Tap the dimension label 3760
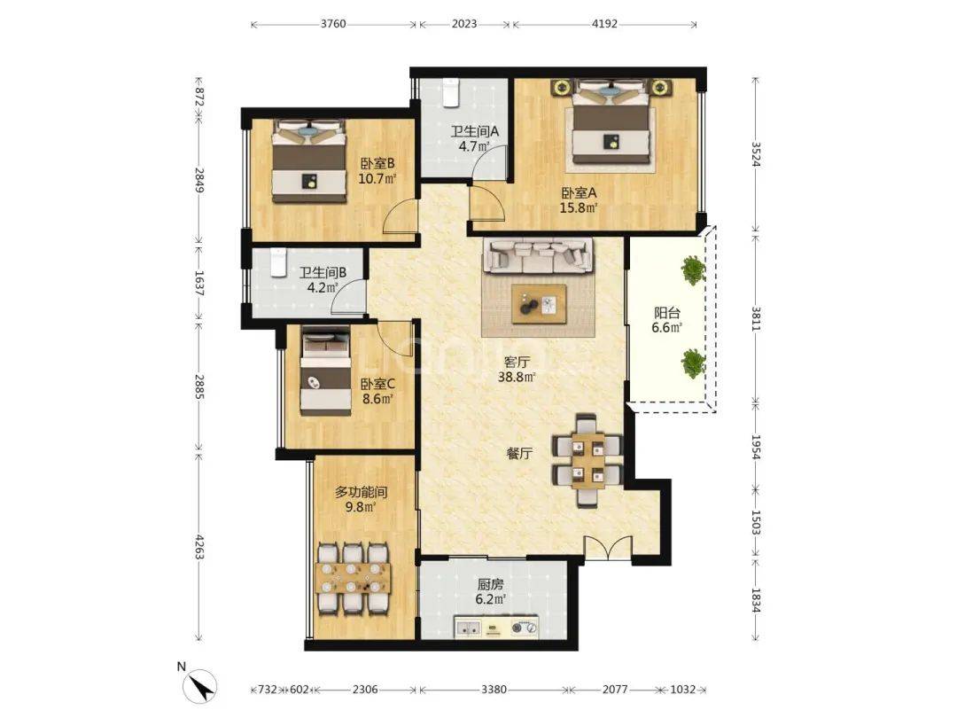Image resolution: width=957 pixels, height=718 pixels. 333,25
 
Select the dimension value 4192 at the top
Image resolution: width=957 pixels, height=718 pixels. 604,25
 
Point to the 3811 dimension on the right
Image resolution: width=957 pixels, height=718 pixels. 756,317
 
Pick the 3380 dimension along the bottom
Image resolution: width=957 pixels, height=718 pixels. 494,690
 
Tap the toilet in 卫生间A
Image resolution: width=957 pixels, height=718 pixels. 450,93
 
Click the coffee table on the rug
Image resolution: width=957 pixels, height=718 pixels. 539,304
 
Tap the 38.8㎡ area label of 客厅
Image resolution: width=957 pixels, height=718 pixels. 517,377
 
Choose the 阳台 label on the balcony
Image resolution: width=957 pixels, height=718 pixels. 667,313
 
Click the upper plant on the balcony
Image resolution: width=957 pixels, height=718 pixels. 693,270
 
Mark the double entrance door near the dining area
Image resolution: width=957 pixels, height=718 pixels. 608,546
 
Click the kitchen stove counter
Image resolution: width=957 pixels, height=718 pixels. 496,627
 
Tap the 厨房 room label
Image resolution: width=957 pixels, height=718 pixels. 491,584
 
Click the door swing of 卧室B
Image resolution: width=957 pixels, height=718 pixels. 400,217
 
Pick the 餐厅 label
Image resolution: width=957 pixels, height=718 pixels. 519,453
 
